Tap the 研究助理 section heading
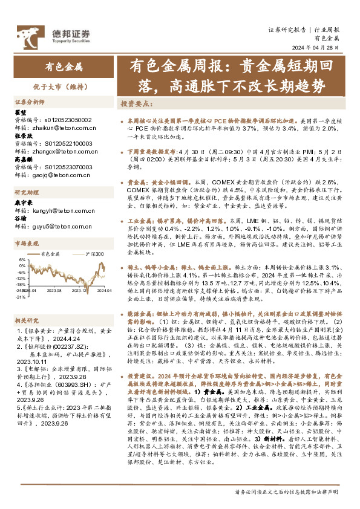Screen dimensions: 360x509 point(27,193)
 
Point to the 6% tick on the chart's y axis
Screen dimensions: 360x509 point(22,259)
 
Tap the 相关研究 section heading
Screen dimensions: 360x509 point(27,320)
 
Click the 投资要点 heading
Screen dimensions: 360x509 point(136,103)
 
